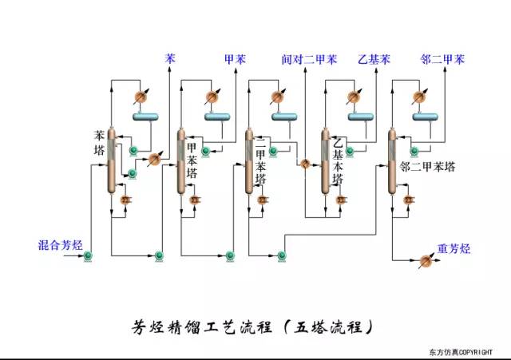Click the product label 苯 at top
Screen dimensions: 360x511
170,58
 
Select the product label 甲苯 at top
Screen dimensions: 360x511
235,58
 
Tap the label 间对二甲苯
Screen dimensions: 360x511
309,58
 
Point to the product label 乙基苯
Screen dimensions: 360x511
374,58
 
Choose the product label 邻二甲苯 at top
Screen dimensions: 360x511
442,58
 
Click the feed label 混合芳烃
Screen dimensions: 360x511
60,244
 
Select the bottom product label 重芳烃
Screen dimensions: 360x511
454,247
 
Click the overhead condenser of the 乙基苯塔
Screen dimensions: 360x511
351,97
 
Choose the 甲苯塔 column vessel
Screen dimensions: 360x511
180,160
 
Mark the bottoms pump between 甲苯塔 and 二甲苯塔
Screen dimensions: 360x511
229,255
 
